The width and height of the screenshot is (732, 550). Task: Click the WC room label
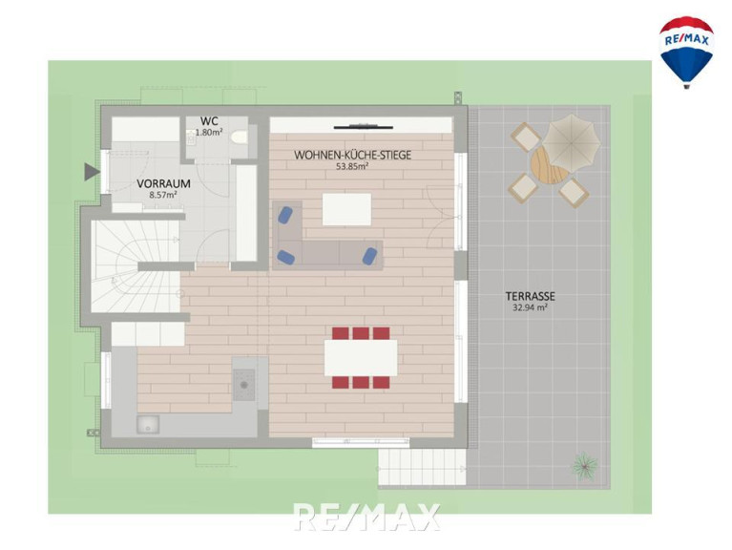pos(209,122)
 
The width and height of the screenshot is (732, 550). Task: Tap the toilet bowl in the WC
pos(240,137)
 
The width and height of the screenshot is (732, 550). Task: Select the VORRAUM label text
pos(163,184)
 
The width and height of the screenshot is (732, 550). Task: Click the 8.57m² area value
pos(163,195)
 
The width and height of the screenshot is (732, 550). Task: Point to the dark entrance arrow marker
pos(92,171)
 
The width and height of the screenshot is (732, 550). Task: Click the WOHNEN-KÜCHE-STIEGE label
pos(352,155)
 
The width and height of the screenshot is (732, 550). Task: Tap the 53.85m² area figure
pos(352,166)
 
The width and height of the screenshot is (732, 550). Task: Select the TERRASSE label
pos(531,296)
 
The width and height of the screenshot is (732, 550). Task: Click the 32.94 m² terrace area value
pos(531,307)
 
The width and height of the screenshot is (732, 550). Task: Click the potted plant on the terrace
pos(585,465)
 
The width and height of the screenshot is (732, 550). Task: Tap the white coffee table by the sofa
pos(346,209)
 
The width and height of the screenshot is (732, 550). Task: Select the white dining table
pos(361,358)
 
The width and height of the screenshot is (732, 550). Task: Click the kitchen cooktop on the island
pos(243,385)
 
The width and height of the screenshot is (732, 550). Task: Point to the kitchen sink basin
pos(148,425)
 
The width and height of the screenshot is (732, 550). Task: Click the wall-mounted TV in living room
pos(364,126)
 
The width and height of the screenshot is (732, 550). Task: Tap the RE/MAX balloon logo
pos(686,52)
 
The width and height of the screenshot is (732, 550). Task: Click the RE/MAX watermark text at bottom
pos(366,517)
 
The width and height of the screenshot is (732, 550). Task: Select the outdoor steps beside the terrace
pos(422,467)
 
